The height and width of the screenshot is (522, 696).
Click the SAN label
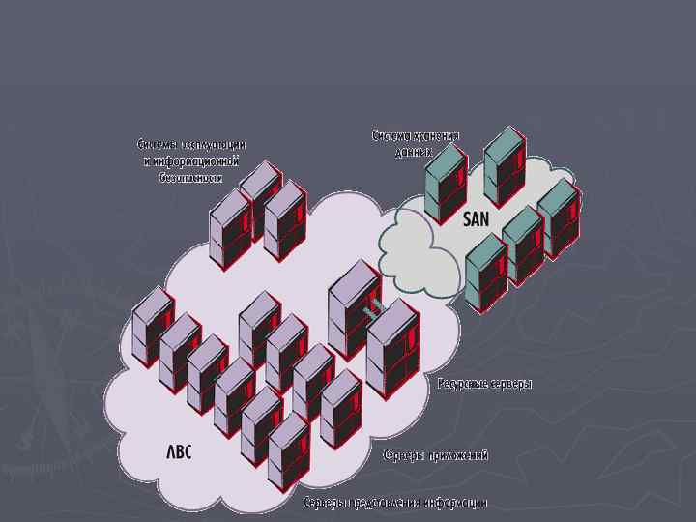(477, 219)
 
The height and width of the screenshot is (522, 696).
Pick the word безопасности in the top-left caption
(190, 178)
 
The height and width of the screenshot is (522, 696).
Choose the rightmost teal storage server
(558, 217)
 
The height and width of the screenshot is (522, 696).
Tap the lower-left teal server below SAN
(485, 271)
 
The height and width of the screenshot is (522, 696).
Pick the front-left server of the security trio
(230, 228)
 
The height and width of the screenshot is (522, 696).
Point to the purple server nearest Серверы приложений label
(339, 406)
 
